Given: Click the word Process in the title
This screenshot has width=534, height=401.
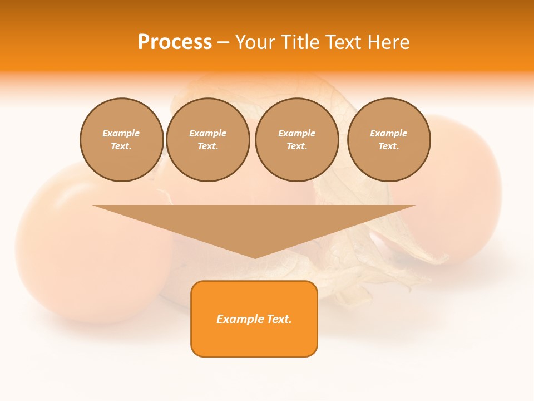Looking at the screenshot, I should click(175, 42).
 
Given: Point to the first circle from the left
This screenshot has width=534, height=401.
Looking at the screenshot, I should click(122, 140).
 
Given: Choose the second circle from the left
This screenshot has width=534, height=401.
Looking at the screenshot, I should click(208, 140).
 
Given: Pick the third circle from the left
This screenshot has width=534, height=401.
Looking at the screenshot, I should click(297, 140).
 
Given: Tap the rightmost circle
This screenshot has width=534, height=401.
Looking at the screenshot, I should click(389, 140).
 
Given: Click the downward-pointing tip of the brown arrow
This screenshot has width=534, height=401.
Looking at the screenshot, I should click(255, 257).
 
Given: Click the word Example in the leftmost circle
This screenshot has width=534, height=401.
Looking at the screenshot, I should click(121, 133).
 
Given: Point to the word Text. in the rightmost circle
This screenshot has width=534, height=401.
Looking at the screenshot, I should click(389, 146).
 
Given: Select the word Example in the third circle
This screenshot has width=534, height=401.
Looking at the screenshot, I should click(297, 133).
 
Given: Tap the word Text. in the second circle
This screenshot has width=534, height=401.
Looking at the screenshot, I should click(208, 146).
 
